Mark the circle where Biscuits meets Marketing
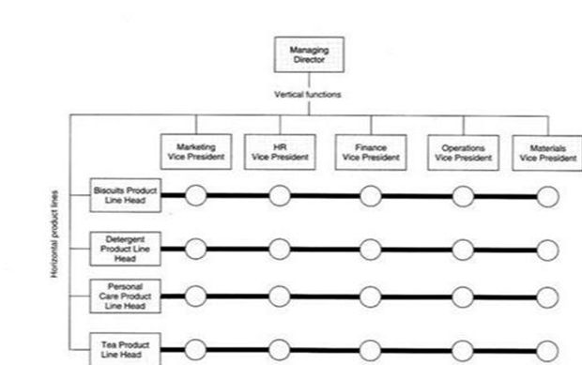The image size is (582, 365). (x=196, y=196)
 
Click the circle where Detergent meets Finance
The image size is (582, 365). (x=371, y=249)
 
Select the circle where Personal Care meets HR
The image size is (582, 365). (x=280, y=296)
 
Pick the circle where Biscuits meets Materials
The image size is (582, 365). (x=546, y=196)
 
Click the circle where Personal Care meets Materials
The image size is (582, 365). (x=546, y=296)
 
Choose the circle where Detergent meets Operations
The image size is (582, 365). (x=463, y=249)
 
